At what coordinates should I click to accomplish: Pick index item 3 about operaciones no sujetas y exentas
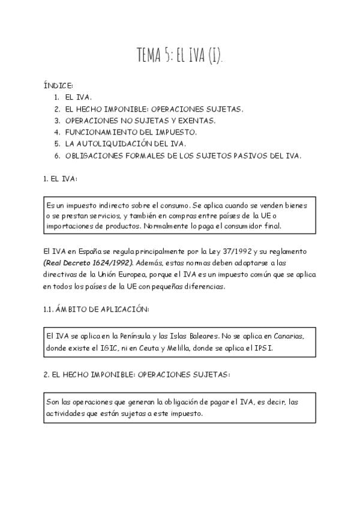140,121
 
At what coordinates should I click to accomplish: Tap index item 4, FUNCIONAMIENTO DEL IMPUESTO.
131,132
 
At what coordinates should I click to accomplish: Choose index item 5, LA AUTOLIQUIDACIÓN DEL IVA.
125,144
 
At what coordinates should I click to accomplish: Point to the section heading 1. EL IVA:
60,179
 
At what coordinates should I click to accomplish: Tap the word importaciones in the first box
70,226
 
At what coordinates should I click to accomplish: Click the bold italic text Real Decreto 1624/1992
88,262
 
